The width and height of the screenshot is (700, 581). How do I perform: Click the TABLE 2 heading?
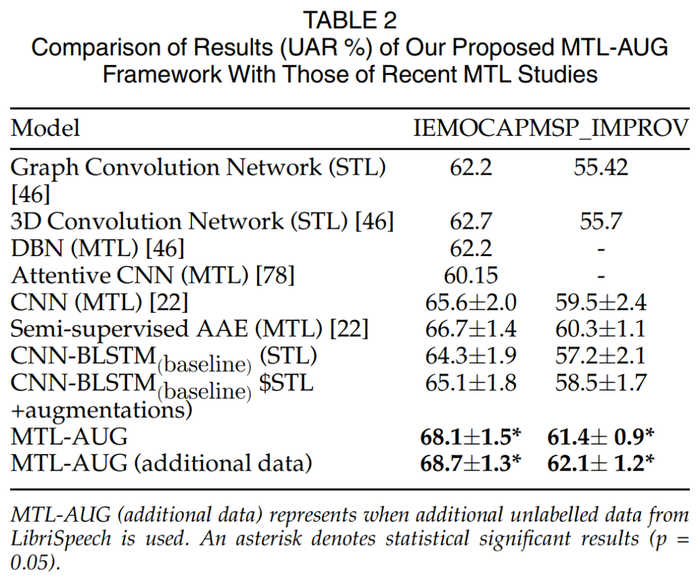(x=350, y=20)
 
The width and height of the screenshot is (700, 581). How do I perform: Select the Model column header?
(x=46, y=128)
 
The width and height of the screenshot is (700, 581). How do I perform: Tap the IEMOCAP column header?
(x=471, y=128)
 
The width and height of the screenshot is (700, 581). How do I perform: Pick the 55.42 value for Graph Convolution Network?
(x=601, y=167)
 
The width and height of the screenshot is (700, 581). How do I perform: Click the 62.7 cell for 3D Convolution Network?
(x=471, y=221)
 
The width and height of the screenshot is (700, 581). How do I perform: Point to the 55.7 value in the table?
(x=601, y=221)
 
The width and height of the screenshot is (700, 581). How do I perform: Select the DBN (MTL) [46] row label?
(x=98, y=249)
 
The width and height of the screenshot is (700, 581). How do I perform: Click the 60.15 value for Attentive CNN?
(x=471, y=275)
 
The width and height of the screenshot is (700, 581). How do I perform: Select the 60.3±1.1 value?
(x=601, y=329)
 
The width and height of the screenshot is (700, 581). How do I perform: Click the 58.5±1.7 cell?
(x=601, y=383)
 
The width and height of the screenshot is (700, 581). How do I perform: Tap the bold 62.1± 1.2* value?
(x=601, y=464)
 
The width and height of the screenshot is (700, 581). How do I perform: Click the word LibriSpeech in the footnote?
(x=62, y=539)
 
